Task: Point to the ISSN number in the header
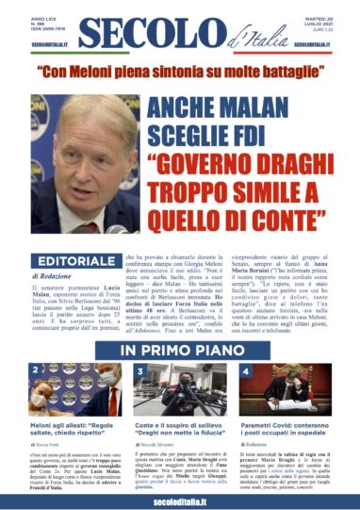tap(45, 29)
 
